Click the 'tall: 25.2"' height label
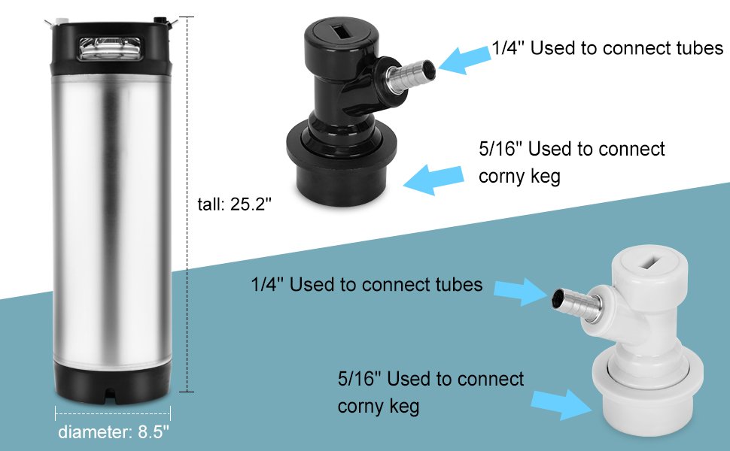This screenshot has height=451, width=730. pyautogui.click(x=234, y=204)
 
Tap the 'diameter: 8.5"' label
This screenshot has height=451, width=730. pyautogui.click(x=113, y=432)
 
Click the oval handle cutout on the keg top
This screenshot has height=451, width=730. pyautogui.click(x=110, y=49)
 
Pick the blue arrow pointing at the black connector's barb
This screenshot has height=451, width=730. pyautogui.click(x=465, y=60)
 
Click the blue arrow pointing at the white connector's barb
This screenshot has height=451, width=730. pyautogui.click(x=521, y=291)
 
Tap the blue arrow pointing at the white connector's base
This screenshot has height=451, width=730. pyautogui.click(x=561, y=404)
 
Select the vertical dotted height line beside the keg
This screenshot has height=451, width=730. pyautogui.click(x=187, y=204)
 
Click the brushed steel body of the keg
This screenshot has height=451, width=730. pyautogui.click(x=112, y=219)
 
